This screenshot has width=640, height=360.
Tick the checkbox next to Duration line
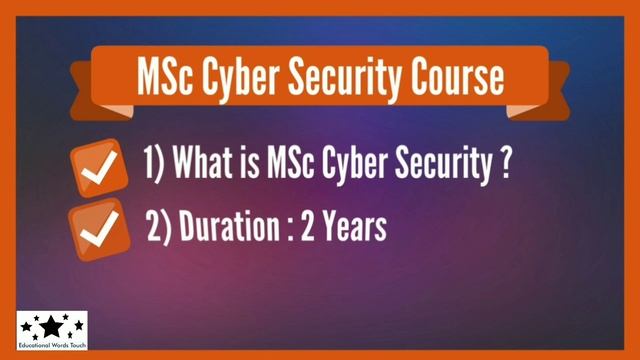pyautogui.click(x=97, y=233)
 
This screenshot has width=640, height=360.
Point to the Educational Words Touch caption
pyautogui.click(x=52, y=346)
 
